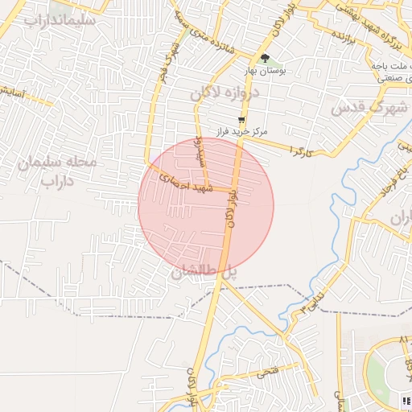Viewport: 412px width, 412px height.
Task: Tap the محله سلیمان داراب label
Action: [x=57, y=171]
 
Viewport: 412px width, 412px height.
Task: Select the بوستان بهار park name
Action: [x=265, y=70]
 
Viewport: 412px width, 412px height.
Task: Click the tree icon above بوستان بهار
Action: [x=265, y=57]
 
